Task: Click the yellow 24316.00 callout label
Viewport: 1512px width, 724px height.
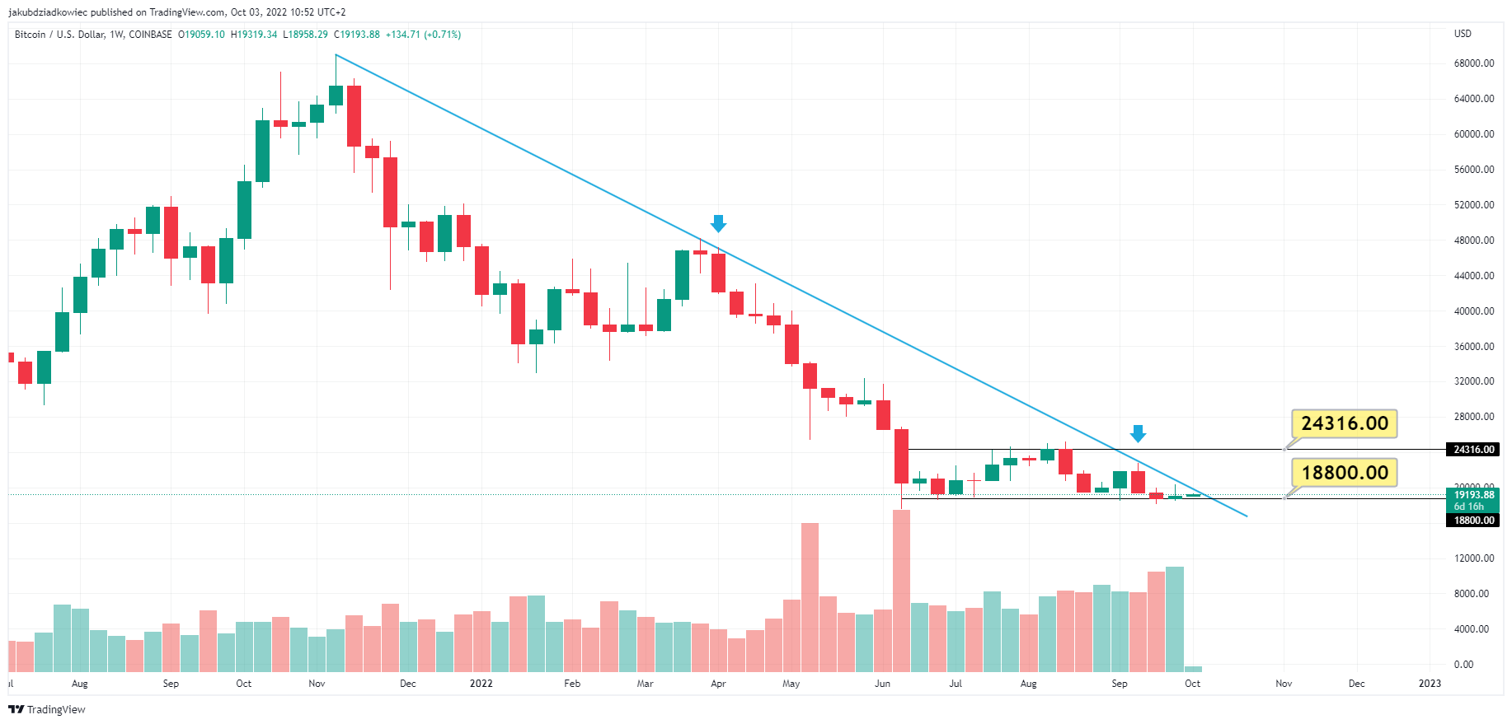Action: tap(1344, 423)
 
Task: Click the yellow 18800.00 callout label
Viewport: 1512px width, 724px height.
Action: tap(1344, 473)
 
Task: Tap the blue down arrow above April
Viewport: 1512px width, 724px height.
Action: tap(718, 223)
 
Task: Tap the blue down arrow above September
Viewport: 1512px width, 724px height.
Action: tap(1138, 433)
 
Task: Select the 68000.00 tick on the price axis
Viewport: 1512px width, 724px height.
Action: tap(1474, 63)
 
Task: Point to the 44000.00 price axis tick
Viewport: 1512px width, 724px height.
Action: tap(1474, 276)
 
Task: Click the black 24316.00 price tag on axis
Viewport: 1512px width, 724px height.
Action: tap(1474, 450)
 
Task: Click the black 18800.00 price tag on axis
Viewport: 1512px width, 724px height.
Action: tap(1474, 521)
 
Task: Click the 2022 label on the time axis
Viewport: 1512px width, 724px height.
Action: tap(481, 684)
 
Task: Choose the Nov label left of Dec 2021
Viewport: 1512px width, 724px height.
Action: tap(317, 684)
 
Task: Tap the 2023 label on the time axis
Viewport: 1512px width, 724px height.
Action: tap(1430, 684)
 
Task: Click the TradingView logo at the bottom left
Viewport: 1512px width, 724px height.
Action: tap(47, 710)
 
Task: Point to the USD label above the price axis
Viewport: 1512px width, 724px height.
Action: tap(1463, 34)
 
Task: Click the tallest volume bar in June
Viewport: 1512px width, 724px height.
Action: tap(901, 591)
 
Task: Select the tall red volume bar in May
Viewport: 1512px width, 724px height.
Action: tap(810, 597)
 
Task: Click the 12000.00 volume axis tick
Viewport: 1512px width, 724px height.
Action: tap(1474, 558)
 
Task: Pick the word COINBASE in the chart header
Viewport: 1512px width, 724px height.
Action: tap(150, 35)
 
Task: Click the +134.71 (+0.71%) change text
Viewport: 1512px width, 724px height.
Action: tap(424, 35)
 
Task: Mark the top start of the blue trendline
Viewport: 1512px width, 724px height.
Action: tap(336, 55)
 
